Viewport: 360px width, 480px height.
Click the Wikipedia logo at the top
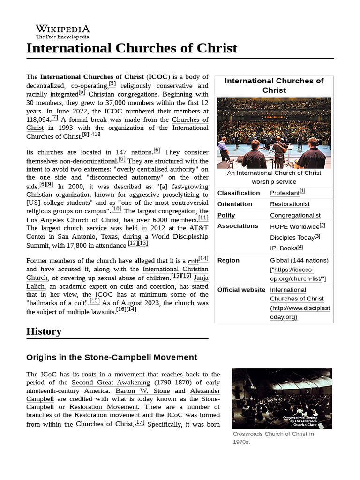coord(63,31)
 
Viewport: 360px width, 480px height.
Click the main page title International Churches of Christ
coord(132,48)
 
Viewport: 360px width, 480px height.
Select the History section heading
coord(44,331)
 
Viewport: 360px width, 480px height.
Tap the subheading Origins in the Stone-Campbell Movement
coord(112,357)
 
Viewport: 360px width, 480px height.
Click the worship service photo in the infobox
coord(274,133)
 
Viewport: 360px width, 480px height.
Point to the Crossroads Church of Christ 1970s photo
coord(282,398)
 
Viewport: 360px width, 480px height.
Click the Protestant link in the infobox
coord(285,193)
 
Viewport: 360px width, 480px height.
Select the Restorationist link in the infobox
coord(290,204)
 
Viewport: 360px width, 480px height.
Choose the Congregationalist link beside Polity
coord(295,215)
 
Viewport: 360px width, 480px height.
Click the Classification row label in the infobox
coord(239,193)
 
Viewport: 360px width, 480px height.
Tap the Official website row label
coord(241,290)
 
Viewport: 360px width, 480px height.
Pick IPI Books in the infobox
coord(284,248)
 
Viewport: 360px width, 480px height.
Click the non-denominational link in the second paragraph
coord(88,161)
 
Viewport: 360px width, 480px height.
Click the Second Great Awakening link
coord(108,382)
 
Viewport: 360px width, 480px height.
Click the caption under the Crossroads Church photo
coord(273,438)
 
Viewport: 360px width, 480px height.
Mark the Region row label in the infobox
coord(228,260)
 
